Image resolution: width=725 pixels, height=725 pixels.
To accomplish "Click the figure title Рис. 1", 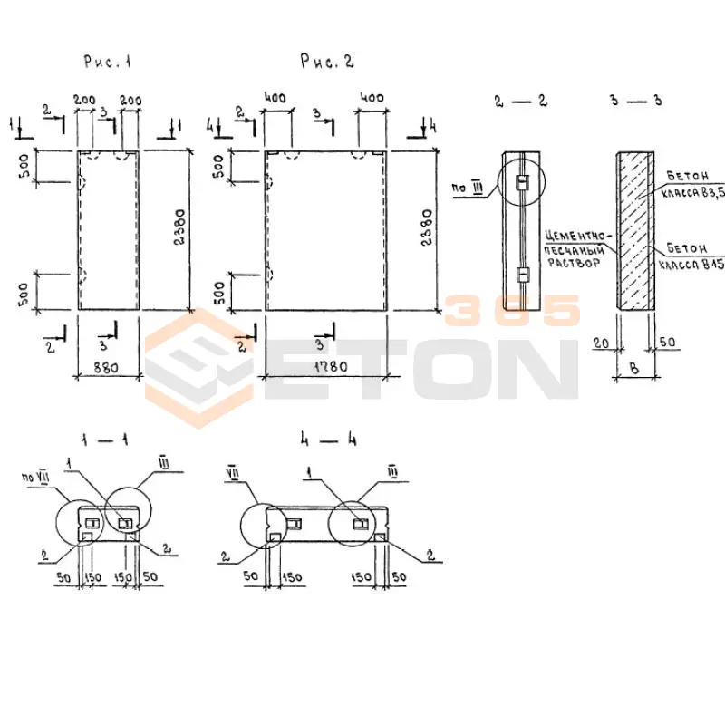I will [x=108, y=63].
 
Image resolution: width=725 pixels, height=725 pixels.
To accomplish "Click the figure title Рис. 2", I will [x=327, y=62].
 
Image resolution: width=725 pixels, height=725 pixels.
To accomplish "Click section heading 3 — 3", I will [x=635, y=100].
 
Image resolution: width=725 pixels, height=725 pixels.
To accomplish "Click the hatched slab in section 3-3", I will [x=634, y=230].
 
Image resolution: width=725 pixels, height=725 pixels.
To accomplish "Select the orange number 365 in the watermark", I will [x=512, y=311].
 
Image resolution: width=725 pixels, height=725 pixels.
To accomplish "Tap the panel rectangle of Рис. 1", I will [x=108, y=230].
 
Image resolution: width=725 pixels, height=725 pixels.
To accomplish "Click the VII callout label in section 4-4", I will [x=233, y=471].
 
